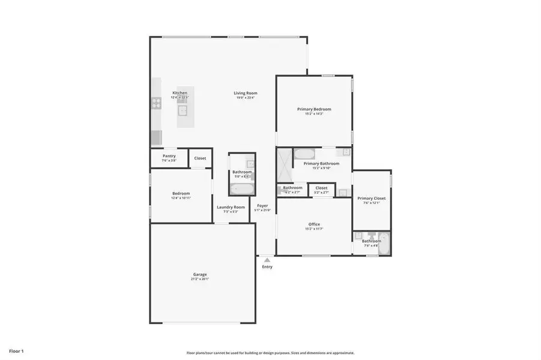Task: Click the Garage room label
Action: coord(200,274)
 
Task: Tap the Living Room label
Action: coord(246,93)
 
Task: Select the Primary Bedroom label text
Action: coord(314,109)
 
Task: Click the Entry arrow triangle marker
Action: coord(267,260)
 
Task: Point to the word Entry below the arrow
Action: coord(267,267)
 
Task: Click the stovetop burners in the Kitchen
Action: coord(156,103)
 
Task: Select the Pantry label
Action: coord(169,156)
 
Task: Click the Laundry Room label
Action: coord(231,207)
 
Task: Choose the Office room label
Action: coord(314,224)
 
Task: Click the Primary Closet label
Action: coord(371,198)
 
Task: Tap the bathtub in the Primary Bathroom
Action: coord(304,152)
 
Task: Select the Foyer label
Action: coord(263,206)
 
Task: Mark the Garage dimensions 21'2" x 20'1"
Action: coord(200,279)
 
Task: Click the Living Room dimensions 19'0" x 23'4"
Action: coord(246,98)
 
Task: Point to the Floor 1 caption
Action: coord(16,350)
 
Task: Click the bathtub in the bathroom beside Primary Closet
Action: coord(385,244)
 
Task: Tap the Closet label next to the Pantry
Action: coord(200,158)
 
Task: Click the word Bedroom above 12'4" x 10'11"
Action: coord(181,193)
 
